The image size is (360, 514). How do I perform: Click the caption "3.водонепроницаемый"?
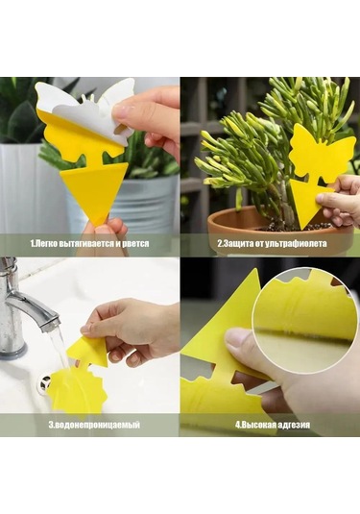pyautogui.click(x=94, y=425)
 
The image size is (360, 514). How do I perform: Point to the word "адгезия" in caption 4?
pyautogui.click(x=294, y=425)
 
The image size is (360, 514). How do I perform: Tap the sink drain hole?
pyautogui.click(x=46, y=381)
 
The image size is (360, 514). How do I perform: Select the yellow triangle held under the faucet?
pyautogui.click(x=87, y=351)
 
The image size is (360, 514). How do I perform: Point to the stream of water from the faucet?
pyautogui.click(x=60, y=348)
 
